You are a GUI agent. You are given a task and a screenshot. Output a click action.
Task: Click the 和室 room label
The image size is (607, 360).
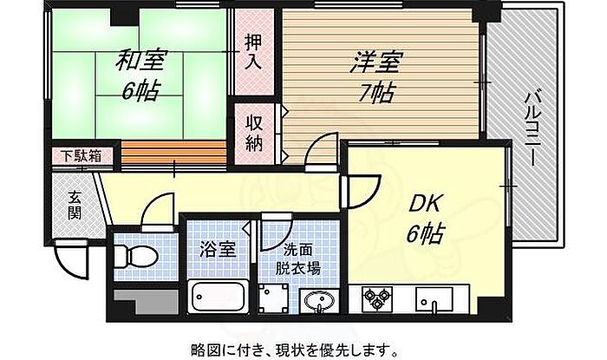[140, 62]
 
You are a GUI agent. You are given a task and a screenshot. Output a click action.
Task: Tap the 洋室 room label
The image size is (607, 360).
[375, 62]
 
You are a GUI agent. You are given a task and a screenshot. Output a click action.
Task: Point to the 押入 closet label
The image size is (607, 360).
[254, 52]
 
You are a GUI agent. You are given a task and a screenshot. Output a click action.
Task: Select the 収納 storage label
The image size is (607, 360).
[254, 134]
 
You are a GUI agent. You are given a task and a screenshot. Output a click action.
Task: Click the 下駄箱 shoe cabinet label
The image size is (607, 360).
[82, 156]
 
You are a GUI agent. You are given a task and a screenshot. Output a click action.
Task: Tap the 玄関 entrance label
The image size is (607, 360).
[74, 206]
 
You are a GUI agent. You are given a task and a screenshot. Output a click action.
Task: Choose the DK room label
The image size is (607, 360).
[424, 204]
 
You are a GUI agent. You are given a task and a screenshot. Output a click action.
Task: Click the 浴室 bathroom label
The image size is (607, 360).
[217, 250]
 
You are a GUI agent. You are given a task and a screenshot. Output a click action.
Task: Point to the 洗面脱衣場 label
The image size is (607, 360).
[298, 259]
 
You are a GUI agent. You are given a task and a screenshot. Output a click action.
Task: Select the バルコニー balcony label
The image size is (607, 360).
[532, 129]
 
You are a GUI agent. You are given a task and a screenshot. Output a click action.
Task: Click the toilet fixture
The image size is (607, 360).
[135, 256]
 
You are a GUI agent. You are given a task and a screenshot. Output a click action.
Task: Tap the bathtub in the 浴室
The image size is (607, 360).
[219, 297]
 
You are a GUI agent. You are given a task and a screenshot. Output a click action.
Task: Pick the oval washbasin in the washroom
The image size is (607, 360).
[319, 300]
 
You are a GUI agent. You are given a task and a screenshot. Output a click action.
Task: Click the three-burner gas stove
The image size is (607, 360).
[376, 298]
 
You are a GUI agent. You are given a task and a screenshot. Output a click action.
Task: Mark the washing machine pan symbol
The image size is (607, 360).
[274, 298]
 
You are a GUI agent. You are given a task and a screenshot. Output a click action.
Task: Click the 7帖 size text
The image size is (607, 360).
[375, 94]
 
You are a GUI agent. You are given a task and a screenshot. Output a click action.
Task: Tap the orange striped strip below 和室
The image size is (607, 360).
[173, 154]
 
